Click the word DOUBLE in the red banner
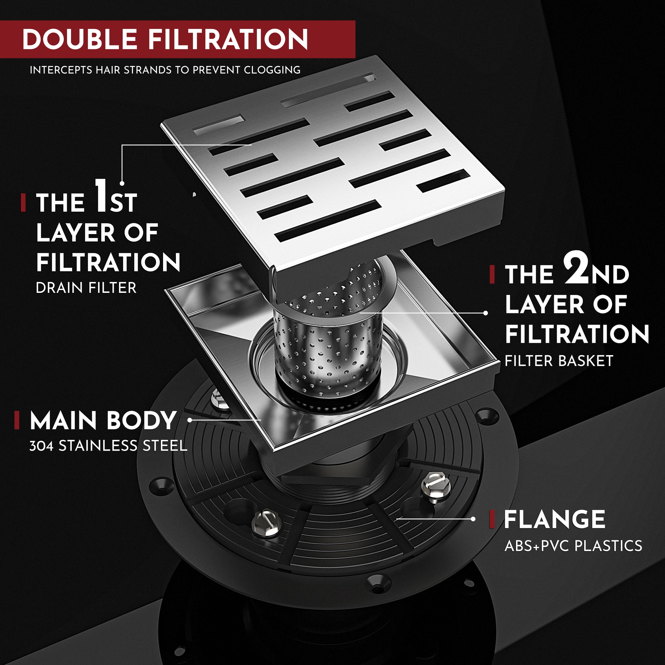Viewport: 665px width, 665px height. (80, 39)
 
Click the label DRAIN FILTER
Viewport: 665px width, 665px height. (86, 288)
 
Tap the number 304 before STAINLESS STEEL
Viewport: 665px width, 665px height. (41, 446)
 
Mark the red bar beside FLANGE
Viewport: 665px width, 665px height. (492, 519)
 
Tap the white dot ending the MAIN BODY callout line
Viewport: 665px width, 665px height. (190, 420)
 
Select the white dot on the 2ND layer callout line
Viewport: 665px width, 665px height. (485, 313)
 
